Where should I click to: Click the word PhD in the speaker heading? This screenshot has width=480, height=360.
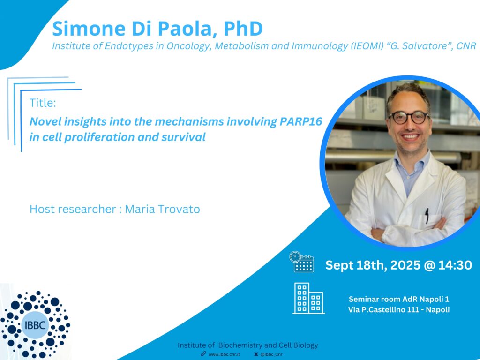pos(243,29)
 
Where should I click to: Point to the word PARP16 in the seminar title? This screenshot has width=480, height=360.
pos(301,121)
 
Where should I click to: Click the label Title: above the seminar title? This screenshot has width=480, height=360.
pos(43,103)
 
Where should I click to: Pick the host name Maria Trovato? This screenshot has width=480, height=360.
pos(162,209)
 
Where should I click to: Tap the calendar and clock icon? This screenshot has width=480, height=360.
pos(302,262)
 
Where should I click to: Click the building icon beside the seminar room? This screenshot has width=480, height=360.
pos(308,298)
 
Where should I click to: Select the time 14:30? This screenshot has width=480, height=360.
pos(455,265)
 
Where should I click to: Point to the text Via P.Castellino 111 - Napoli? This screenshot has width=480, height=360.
pos(399,309)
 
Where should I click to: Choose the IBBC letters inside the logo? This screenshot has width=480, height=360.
pos(35,325)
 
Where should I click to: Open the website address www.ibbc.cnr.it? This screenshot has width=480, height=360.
pos(224,354)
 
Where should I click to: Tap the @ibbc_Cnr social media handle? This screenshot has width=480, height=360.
pos(271,354)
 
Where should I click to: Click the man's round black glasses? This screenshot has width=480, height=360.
pos(409,118)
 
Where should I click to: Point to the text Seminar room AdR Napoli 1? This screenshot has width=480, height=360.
pos(399,299)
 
